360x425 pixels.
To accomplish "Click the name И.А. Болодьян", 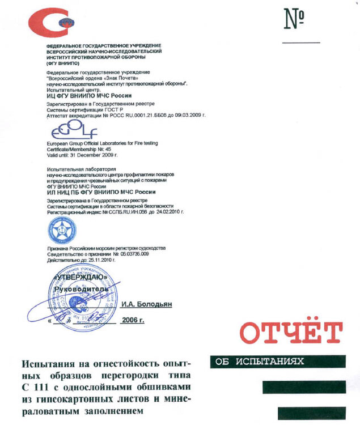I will point(146,304).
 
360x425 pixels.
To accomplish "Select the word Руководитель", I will point(81,289).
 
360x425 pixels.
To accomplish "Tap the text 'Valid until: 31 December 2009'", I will point(82,154).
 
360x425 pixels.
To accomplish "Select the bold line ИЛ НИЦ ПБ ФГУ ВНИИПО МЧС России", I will point(101,193).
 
